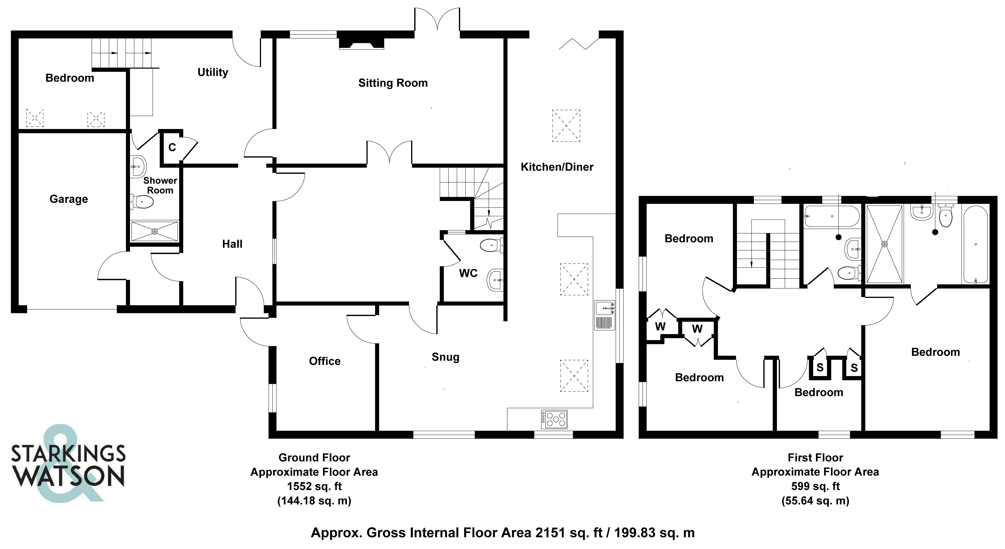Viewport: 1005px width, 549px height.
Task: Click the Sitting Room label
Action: point(393,83)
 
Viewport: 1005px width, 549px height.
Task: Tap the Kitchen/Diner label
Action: point(557,167)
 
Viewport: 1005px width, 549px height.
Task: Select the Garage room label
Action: point(69,199)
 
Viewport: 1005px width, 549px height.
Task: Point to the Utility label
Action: point(213,73)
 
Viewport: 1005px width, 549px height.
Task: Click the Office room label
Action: point(325,361)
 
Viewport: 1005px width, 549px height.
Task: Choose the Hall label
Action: point(232,244)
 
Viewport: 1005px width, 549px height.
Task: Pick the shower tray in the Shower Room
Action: point(154,231)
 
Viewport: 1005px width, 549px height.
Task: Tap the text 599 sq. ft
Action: point(815,486)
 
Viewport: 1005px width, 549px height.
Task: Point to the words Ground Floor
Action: point(314,457)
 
